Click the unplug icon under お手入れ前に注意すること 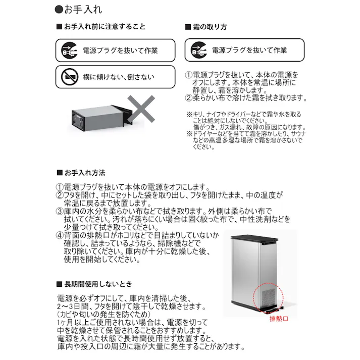[67, 50]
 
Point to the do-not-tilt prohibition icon [68, 78]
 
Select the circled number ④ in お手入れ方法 [59, 236]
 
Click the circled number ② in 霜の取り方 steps [189, 98]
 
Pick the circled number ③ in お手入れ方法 [59, 211]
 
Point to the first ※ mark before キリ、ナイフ [189, 114]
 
